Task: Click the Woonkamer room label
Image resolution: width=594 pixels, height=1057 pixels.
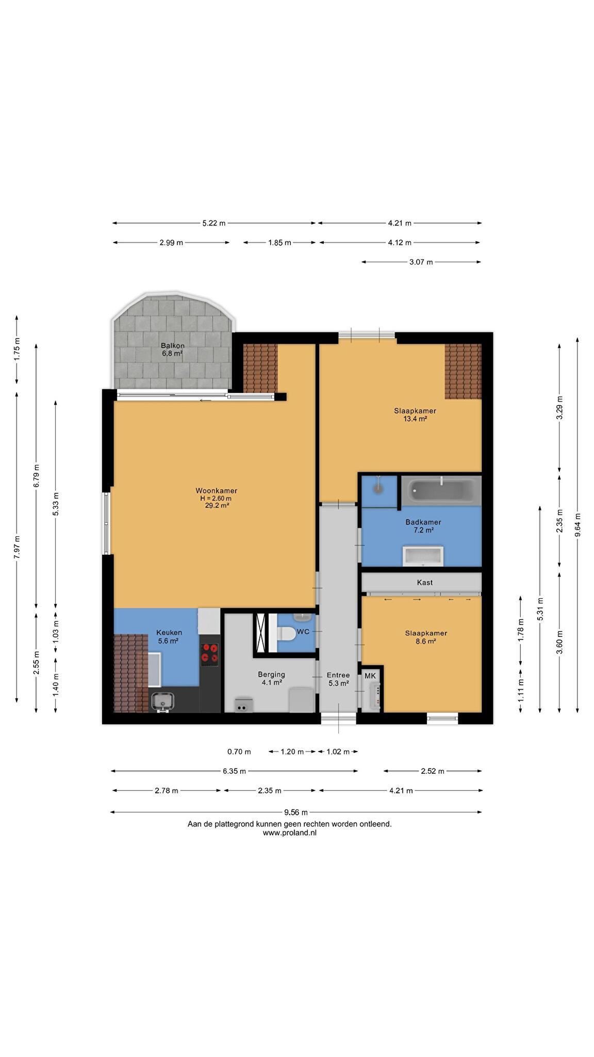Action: pos(216,491)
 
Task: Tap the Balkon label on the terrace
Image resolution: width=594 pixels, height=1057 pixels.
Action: pos(172,346)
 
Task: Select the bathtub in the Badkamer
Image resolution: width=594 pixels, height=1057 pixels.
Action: pos(441,491)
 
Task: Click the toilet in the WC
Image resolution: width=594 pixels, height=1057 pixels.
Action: pos(286,633)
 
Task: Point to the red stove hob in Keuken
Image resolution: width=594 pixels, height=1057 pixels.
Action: pos(209,652)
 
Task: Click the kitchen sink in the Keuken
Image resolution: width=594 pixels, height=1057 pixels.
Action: pos(162,701)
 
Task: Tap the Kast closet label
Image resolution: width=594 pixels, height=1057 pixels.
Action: pos(425,582)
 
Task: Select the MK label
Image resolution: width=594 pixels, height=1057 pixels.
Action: pos(370,676)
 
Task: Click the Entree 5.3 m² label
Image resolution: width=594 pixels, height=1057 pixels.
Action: pos(338,679)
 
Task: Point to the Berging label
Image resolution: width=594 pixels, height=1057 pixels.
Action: pos(272,674)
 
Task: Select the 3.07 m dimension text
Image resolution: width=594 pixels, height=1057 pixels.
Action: pos(421,262)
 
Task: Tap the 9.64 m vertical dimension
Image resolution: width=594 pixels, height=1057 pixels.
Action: pos(577,524)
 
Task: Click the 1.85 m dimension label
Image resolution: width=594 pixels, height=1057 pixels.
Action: pos(279,243)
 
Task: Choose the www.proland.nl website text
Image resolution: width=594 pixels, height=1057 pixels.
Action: pos(289,832)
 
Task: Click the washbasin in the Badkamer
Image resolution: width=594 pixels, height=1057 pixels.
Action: pos(423,556)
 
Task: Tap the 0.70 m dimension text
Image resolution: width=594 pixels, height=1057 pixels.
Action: pos(239,751)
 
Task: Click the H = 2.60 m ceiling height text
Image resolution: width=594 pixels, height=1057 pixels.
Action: pos(216,499)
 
